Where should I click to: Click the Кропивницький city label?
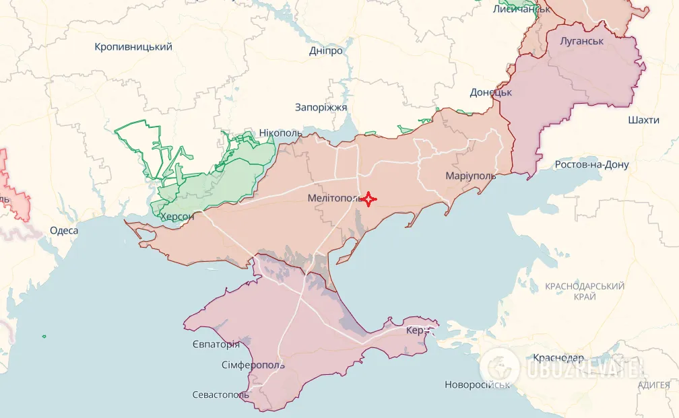[133, 47]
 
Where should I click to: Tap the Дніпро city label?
[325, 51]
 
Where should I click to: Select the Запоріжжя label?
[321, 107]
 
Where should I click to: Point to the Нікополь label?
[281, 133]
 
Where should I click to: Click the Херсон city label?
[177, 217]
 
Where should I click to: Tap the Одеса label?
[64, 230]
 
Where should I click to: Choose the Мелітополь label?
[334, 199]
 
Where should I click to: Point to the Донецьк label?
[491, 92]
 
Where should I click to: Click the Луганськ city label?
[581, 41]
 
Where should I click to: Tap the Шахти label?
[643, 120]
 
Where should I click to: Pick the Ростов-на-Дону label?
[591, 165]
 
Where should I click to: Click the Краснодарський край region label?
[585, 291]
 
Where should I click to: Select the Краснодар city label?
[558, 357]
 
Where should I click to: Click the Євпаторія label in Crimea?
[216, 345]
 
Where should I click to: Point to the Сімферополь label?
[253, 365]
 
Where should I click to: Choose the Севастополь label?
[220, 394]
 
